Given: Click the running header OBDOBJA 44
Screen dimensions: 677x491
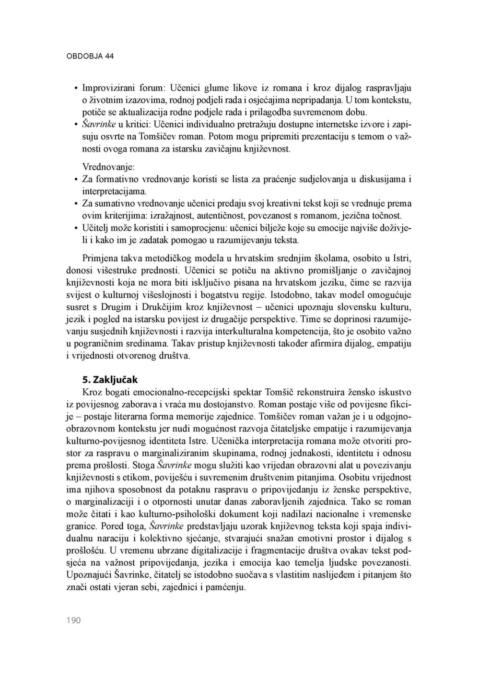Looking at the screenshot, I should (90, 56).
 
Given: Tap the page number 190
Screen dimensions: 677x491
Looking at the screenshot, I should (73, 620).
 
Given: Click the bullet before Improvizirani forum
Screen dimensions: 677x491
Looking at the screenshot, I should (76, 89).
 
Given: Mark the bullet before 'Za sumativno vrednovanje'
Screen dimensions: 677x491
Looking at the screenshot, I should (76, 204).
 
